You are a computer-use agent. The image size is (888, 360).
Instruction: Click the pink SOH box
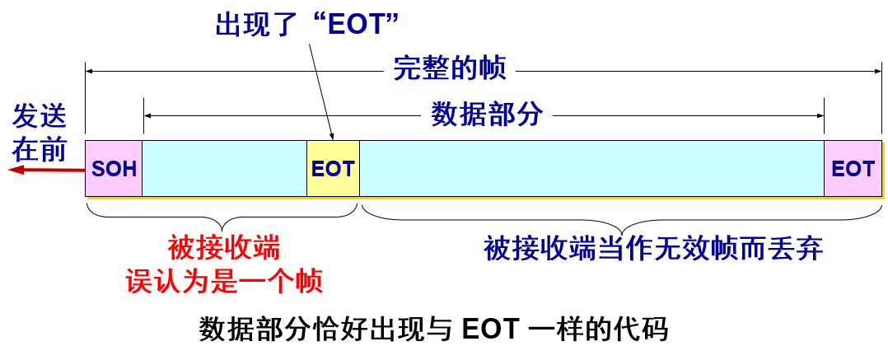[x=114, y=169]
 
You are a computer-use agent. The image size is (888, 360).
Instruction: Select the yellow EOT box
[x=333, y=169]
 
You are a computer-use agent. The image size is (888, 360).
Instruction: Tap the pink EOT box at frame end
[x=853, y=169]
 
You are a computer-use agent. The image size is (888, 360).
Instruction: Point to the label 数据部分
[x=486, y=115]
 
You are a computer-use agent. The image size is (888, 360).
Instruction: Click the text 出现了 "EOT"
[x=306, y=25]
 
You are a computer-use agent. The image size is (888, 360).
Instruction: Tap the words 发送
[x=39, y=116]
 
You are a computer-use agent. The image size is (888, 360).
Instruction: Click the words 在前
[x=39, y=149]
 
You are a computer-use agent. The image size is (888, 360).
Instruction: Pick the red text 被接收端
[x=223, y=247]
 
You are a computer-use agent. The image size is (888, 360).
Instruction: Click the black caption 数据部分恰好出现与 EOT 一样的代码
[x=433, y=329]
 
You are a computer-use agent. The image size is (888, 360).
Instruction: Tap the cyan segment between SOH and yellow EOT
[x=224, y=169]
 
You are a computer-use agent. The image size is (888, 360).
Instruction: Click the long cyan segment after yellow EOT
[x=591, y=169]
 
